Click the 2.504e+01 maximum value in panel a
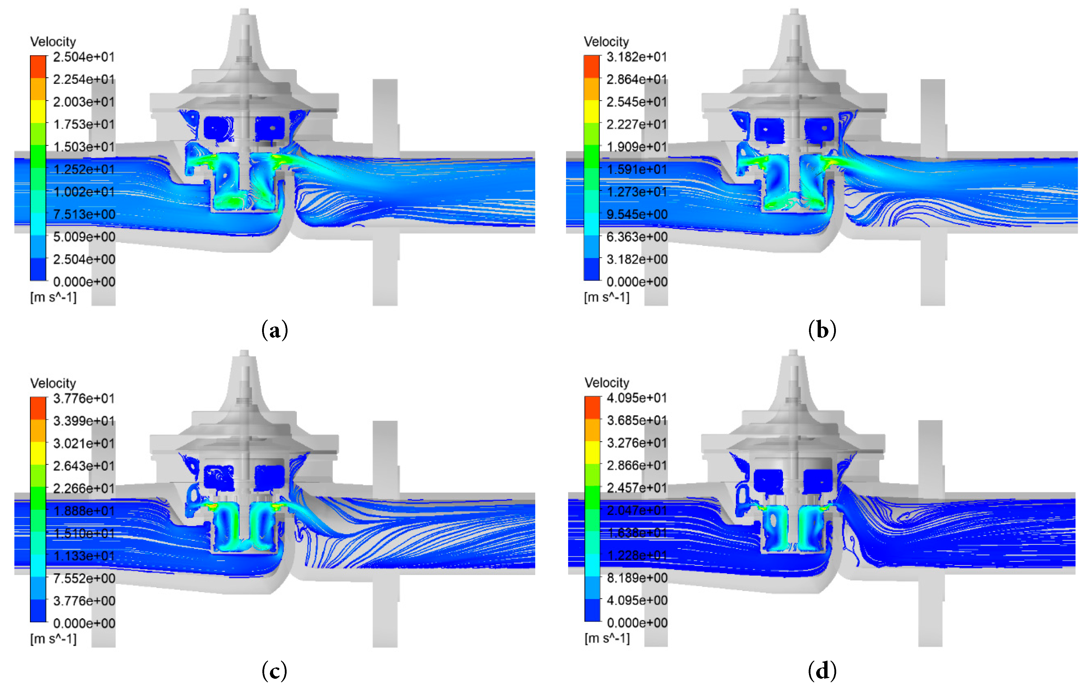pos(84,57)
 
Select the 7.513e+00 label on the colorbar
pos(84,214)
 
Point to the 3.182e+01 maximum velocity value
pos(637,57)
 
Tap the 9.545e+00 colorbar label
pos(637,214)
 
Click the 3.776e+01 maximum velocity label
pos(84,398)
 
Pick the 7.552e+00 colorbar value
pos(84,578)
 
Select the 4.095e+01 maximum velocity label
pos(637,398)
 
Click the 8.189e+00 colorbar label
pos(637,578)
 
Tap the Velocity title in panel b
pos(606,42)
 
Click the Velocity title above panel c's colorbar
pos(53,383)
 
